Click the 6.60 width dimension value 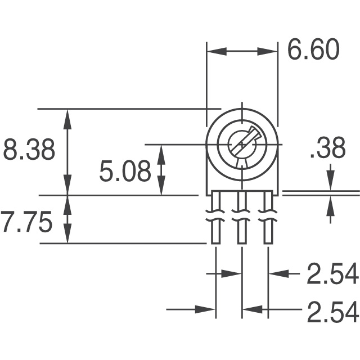[313, 50]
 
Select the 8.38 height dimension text [29, 151]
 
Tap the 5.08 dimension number [125, 171]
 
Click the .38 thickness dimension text [327, 150]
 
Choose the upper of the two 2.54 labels [332, 274]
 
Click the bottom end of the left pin [216, 241]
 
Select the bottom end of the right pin [268, 241]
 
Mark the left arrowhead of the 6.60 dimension [214, 51]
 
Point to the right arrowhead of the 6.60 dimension [271, 51]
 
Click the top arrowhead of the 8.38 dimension [68, 116]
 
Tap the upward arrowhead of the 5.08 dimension [161, 151]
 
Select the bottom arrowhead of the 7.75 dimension [68, 237]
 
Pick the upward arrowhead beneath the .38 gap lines [330, 202]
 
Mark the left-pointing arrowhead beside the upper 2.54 [274, 274]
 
